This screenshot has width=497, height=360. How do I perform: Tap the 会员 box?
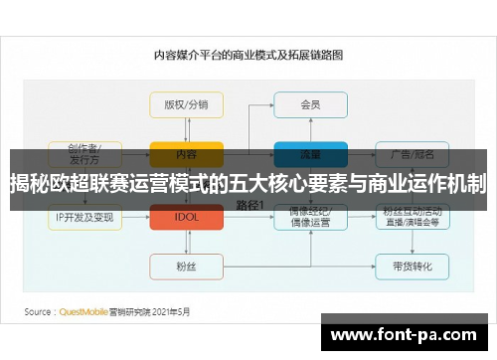click(310, 104)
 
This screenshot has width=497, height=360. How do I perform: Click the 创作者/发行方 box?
click(84, 153)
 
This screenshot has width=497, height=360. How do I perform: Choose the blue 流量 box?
click(310, 154)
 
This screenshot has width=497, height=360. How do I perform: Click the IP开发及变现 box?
click(84, 216)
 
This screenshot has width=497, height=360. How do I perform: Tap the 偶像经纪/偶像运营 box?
click(310, 216)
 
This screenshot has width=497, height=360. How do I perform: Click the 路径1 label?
click(248, 203)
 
